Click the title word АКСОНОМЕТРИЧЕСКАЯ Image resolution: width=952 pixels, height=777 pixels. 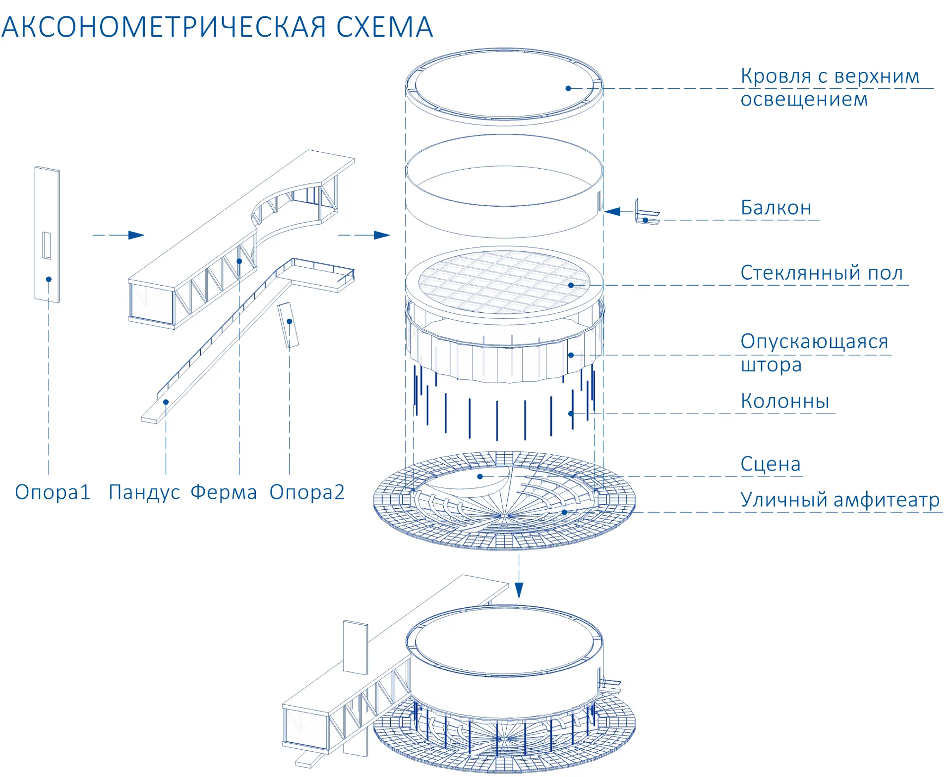coord(164,27)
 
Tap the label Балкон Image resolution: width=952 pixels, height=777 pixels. coord(776,207)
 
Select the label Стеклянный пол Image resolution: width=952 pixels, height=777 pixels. coord(822,273)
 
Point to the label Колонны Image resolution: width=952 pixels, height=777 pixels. coord(785,401)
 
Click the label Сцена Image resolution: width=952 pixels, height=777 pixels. coord(771,464)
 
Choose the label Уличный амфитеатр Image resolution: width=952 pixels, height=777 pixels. coord(840,499)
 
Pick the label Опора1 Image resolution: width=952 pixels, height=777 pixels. coord(53,492)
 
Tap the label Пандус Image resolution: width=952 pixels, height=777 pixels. coord(144,492)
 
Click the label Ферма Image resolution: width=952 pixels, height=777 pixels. coord(224,492)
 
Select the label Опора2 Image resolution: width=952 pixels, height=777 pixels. coord(307,492)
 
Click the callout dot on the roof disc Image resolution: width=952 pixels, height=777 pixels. coord(568,88)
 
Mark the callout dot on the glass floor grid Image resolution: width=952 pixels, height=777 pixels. coord(571,285)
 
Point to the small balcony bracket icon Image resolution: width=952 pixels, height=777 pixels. coord(647,212)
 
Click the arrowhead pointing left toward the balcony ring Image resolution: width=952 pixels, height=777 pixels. coord(612,212)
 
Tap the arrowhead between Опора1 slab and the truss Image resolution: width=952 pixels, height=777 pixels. coord(136,235)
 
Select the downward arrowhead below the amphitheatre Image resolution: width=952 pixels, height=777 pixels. coord(519,590)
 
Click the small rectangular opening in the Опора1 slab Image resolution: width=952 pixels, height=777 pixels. coord(47,245)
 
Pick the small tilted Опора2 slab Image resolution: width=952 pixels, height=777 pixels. coord(288,325)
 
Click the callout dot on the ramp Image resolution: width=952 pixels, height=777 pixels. coord(166,402)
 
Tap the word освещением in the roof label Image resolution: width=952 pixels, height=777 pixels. coord(804,99)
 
